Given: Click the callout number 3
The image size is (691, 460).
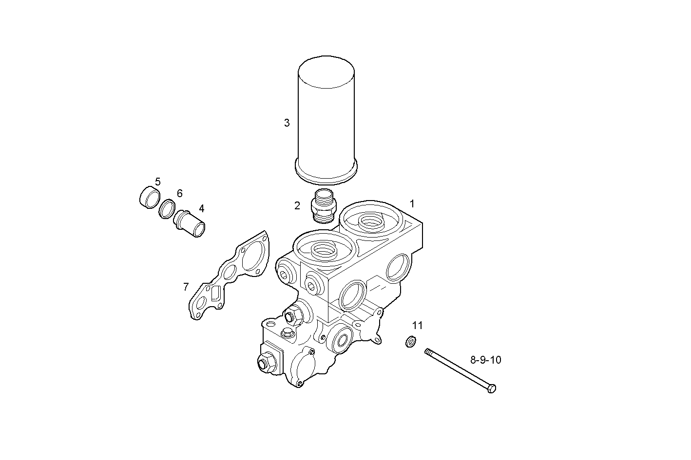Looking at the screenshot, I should pyautogui.click(x=287, y=123).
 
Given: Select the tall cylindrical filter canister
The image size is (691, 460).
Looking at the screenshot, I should pyautogui.click(x=326, y=117).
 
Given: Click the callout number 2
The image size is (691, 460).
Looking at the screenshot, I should pyautogui.click(x=297, y=206).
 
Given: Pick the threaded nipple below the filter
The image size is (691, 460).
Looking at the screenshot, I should pyautogui.click(x=323, y=206).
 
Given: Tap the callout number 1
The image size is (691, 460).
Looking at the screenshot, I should pyautogui.click(x=412, y=203).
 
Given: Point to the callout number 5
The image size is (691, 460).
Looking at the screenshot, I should pyautogui.click(x=158, y=182).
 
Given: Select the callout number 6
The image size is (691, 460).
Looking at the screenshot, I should pyautogui.click(x=180, y=194).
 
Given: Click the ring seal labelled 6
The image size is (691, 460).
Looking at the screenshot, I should pyautogui.click(x=167, y=209).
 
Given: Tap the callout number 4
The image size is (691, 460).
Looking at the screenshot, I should pyautogui.click(x=201, y=209).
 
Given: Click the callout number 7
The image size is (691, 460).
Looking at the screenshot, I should pyautogui.click(x=186, y=287).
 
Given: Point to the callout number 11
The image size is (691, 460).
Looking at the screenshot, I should pyautogui.click(x=418, y=326).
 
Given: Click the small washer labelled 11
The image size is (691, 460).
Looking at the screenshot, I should pyautogui.click(x=411, y=342).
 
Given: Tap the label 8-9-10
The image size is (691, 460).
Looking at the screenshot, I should pyautogui.click(x=485, y=360).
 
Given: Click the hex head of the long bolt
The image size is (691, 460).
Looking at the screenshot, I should pyautogui.click(x=491, y=388).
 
